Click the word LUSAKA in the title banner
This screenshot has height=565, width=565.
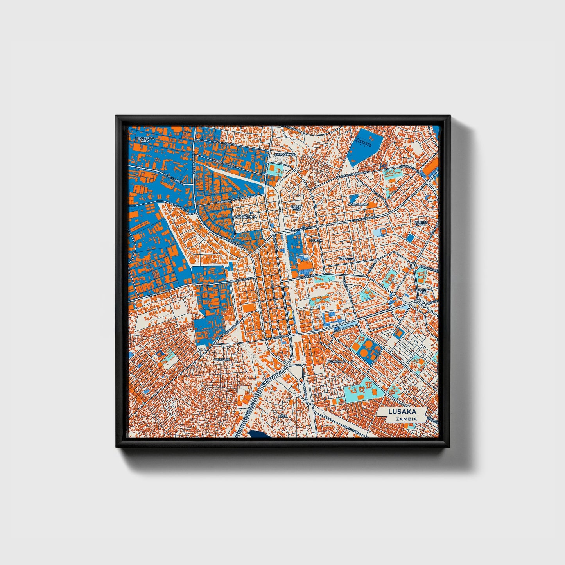tap(402, 412)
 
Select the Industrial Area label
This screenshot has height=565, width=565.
tap(145, 139)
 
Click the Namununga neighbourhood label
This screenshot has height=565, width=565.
tap(246, 216)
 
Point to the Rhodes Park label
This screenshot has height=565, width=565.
tap(421, 223)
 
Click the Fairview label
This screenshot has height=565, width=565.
tap(347, 259)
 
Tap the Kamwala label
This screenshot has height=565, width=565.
tap(337, 361)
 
